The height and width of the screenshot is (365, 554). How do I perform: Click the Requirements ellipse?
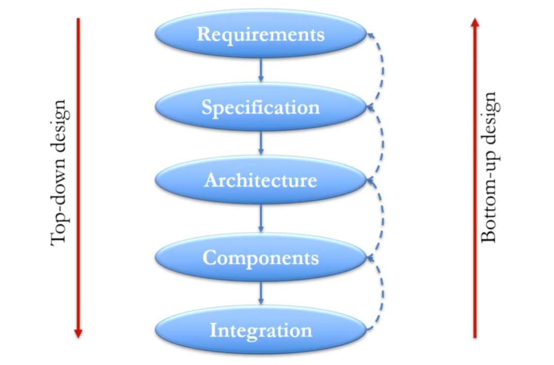[x=261, y=34]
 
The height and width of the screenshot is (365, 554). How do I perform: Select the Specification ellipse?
[x=261, y=108]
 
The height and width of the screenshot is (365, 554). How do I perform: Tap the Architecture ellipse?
[x=261, y=180]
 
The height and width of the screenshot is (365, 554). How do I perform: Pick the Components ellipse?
[x=261, y=257]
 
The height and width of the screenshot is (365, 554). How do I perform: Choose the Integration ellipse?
[x=261, y=330]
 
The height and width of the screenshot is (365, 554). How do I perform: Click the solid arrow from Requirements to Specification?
[x=261, y=70]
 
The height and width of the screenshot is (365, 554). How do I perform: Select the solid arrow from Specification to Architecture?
[x=261, y=143]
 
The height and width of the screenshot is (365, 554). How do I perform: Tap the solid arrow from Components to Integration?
[x=261, y=293]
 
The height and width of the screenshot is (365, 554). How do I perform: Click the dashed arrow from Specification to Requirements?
[x=383, y=70]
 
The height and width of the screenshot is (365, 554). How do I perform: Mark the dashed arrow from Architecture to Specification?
[x=383, y=143]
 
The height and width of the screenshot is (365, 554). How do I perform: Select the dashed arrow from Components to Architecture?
[x=383, y=219]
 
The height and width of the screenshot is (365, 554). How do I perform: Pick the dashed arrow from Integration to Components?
[x=383, y=293]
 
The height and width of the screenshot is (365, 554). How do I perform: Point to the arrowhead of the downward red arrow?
[x=78, y=333]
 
